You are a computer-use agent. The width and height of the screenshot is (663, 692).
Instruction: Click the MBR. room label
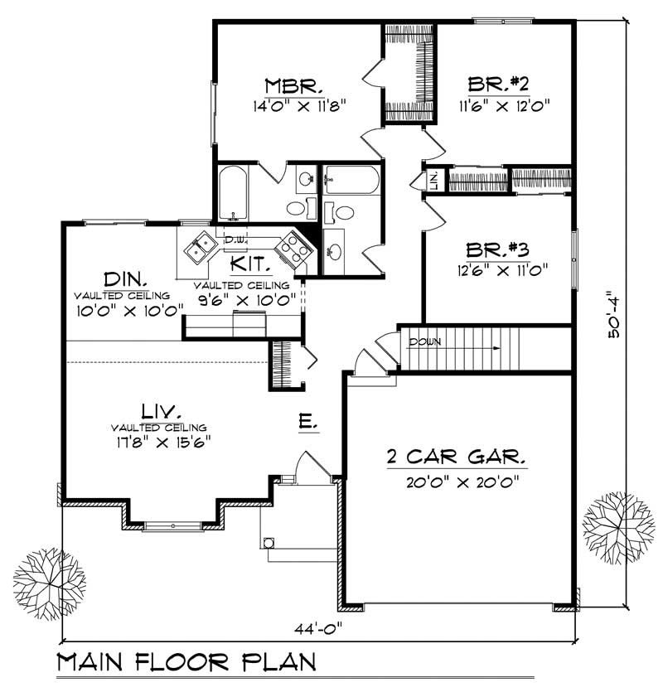288,86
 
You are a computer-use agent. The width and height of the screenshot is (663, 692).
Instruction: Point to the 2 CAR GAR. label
456,457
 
